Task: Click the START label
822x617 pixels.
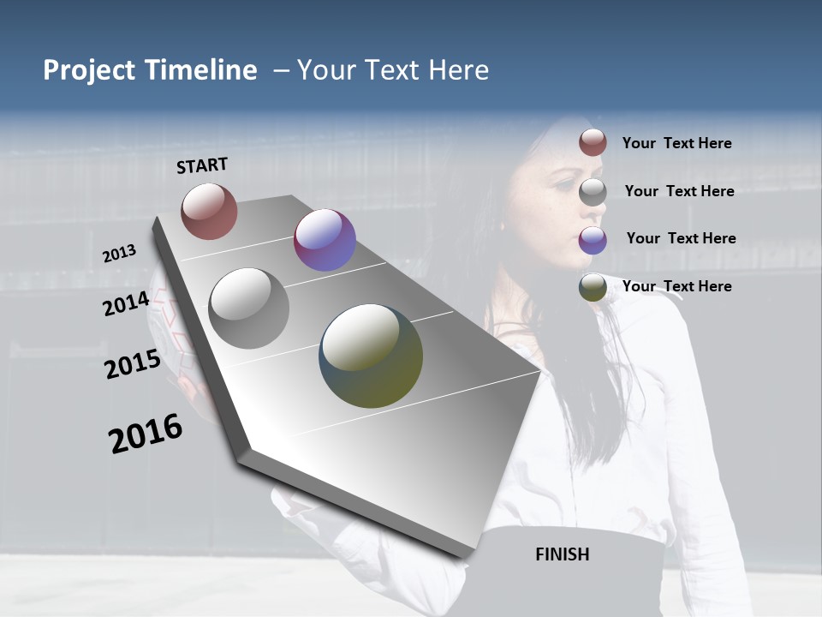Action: click(202, 165)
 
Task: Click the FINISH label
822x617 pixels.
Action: click(562, 554)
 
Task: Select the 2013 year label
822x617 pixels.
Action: click(119, 253)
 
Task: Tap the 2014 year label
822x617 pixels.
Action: click(126, 303)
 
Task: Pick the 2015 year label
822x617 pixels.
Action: click(133, 364)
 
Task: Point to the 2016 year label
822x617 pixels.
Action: click(146, 434)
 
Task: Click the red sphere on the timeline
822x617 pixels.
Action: click(209, 211)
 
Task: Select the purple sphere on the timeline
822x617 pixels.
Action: click(325, 240)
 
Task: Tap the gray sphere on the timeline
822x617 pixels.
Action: click(249, 308)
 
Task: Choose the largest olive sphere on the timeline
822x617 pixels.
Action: click(371, 356)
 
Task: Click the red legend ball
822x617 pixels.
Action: click(593, 142)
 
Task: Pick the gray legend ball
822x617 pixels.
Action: click(593, 191)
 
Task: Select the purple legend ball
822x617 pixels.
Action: click(593, 240)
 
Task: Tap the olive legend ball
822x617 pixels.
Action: click(593, 288)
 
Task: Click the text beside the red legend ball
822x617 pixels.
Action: click(676, 143)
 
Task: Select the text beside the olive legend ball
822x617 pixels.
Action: click(676, 286)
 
